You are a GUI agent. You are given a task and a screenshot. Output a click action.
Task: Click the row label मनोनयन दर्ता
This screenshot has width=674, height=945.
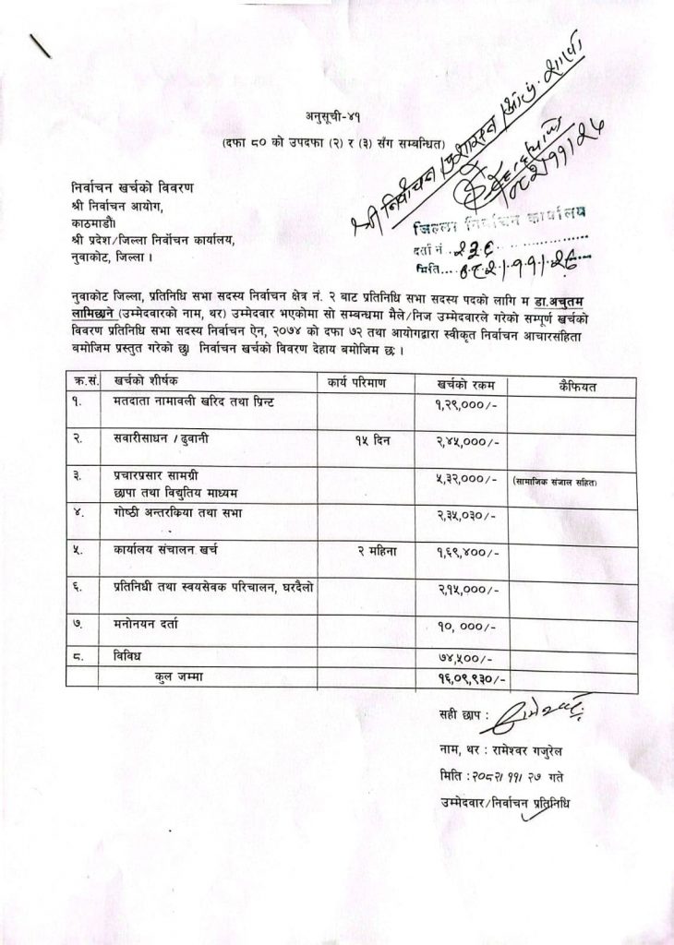click(x=139, y=624)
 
